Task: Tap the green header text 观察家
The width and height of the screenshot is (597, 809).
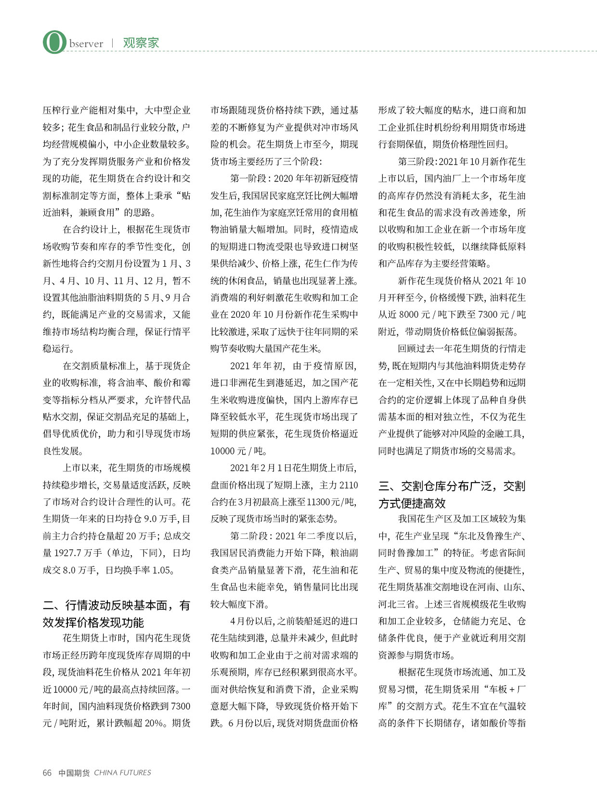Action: tap(141, 43)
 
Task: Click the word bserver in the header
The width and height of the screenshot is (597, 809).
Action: tap(86, 44)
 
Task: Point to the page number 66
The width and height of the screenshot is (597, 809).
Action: tap(47, 772)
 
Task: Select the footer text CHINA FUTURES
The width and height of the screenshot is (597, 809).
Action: tap(122, 772)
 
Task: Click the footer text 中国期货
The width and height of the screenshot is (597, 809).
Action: tap(74, 772)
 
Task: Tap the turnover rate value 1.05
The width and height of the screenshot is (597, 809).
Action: tap(162, 570)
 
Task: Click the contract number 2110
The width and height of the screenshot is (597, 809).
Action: tap(348, 485)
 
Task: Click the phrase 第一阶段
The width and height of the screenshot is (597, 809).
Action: tap(248, 178)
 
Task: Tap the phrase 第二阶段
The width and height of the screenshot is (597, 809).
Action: tap(248, 536)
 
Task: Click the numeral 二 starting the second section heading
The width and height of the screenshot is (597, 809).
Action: tap(48, 605)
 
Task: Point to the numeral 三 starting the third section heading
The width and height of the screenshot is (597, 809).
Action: tap(384, 486)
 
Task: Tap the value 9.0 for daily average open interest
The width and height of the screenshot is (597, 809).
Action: tap(150, 519)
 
